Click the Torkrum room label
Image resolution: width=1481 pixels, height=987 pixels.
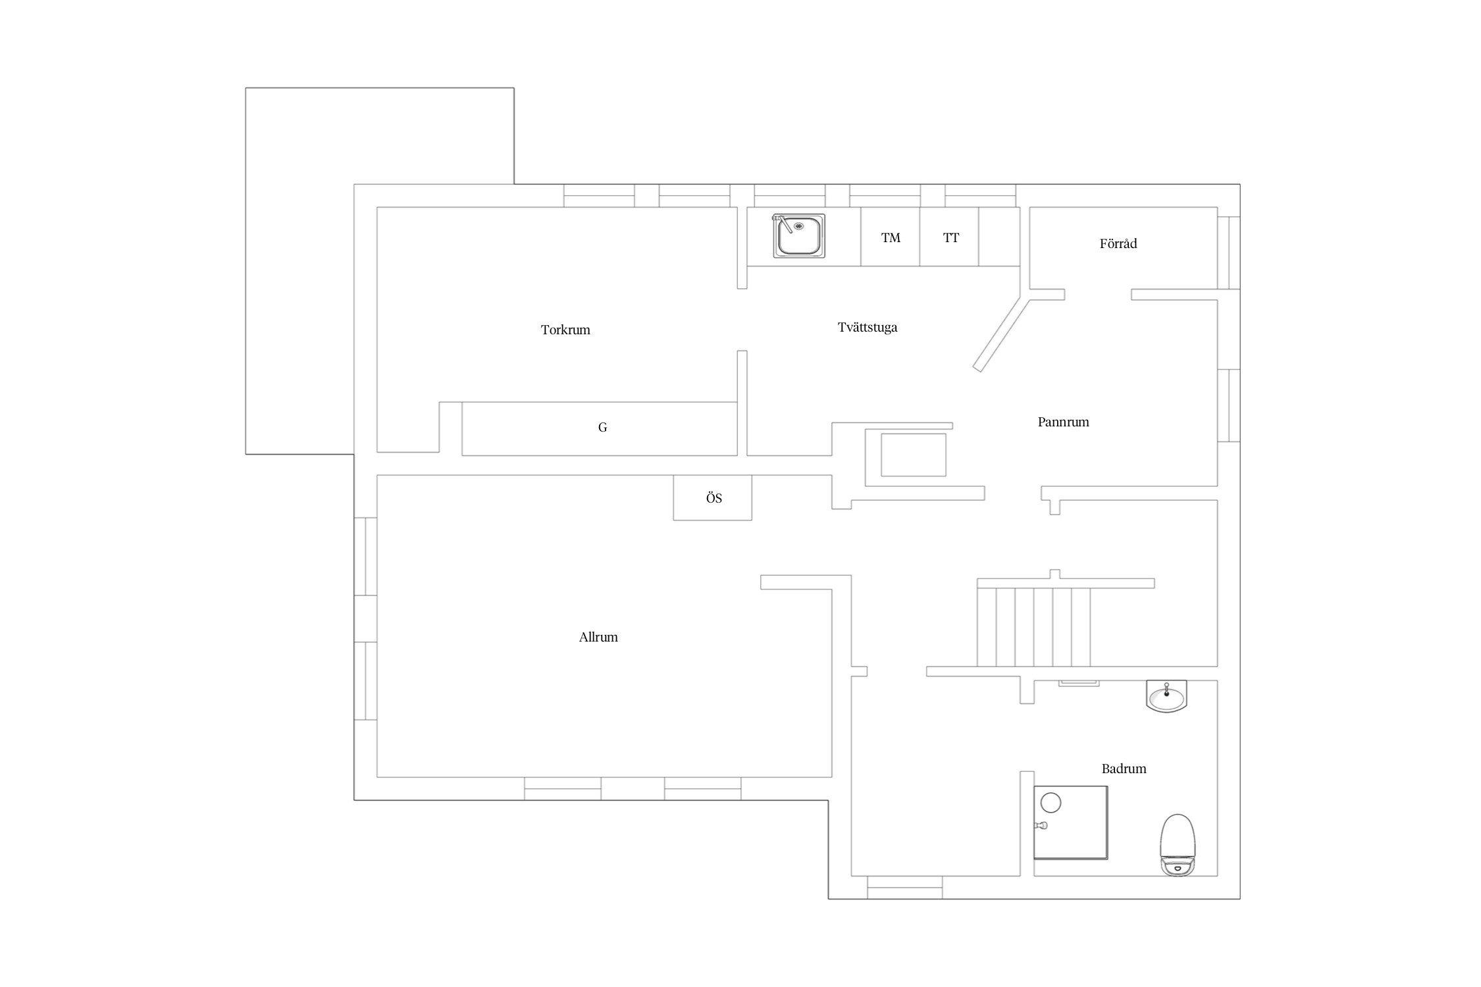coord(565,330)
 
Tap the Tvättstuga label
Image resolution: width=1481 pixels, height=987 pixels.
coord(868,327)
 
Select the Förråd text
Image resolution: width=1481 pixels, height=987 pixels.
coord(1118,243)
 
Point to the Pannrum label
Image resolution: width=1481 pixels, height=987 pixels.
coord(1063,422)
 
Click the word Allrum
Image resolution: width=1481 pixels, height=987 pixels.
coord(598,637)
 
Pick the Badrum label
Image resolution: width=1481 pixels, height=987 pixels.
coord(1124,769)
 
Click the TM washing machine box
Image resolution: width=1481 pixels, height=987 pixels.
coord(890,237)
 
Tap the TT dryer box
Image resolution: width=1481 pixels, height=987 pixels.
coord(949,237)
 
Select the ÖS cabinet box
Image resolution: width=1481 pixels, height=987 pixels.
coord(712,497)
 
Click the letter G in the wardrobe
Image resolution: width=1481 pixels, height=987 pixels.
coord(602,428)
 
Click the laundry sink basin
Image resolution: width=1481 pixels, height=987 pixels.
coord(798,236)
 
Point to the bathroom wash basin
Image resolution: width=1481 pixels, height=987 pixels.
coord(1166,696)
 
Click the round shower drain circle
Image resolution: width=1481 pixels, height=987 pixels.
coord(1051,803)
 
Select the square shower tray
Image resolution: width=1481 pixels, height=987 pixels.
coord(1071,822)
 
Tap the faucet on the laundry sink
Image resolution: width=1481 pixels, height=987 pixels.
coord(783,224)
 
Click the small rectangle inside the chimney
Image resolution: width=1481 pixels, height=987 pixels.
coord(914,455)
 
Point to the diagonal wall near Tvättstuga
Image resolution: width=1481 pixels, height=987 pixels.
coord(1000,335)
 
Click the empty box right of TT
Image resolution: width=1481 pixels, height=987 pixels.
coord(999,237)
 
